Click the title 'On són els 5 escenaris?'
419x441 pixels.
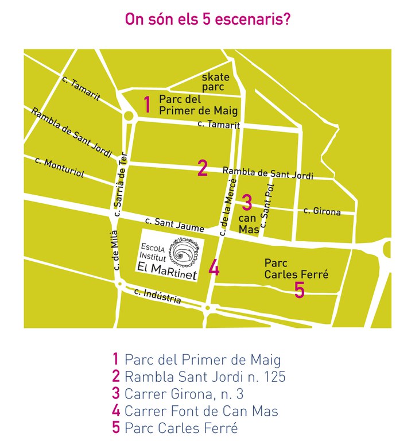(x=207, y=20)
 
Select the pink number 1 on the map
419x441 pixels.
(x=148, y=105)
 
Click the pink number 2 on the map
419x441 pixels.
(x=202, y=168)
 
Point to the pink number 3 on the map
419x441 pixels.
(x=247, y=202)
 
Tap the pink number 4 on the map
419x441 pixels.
(x=214, y=268)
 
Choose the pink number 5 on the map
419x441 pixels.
(x=299, y=290)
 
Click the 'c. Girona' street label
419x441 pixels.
(x=322, y=211)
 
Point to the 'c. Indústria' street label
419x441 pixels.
(x=157, y=296)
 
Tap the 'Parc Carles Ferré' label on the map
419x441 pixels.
(x=296, y=269)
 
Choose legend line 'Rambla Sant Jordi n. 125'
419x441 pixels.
(x=199, y=377)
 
